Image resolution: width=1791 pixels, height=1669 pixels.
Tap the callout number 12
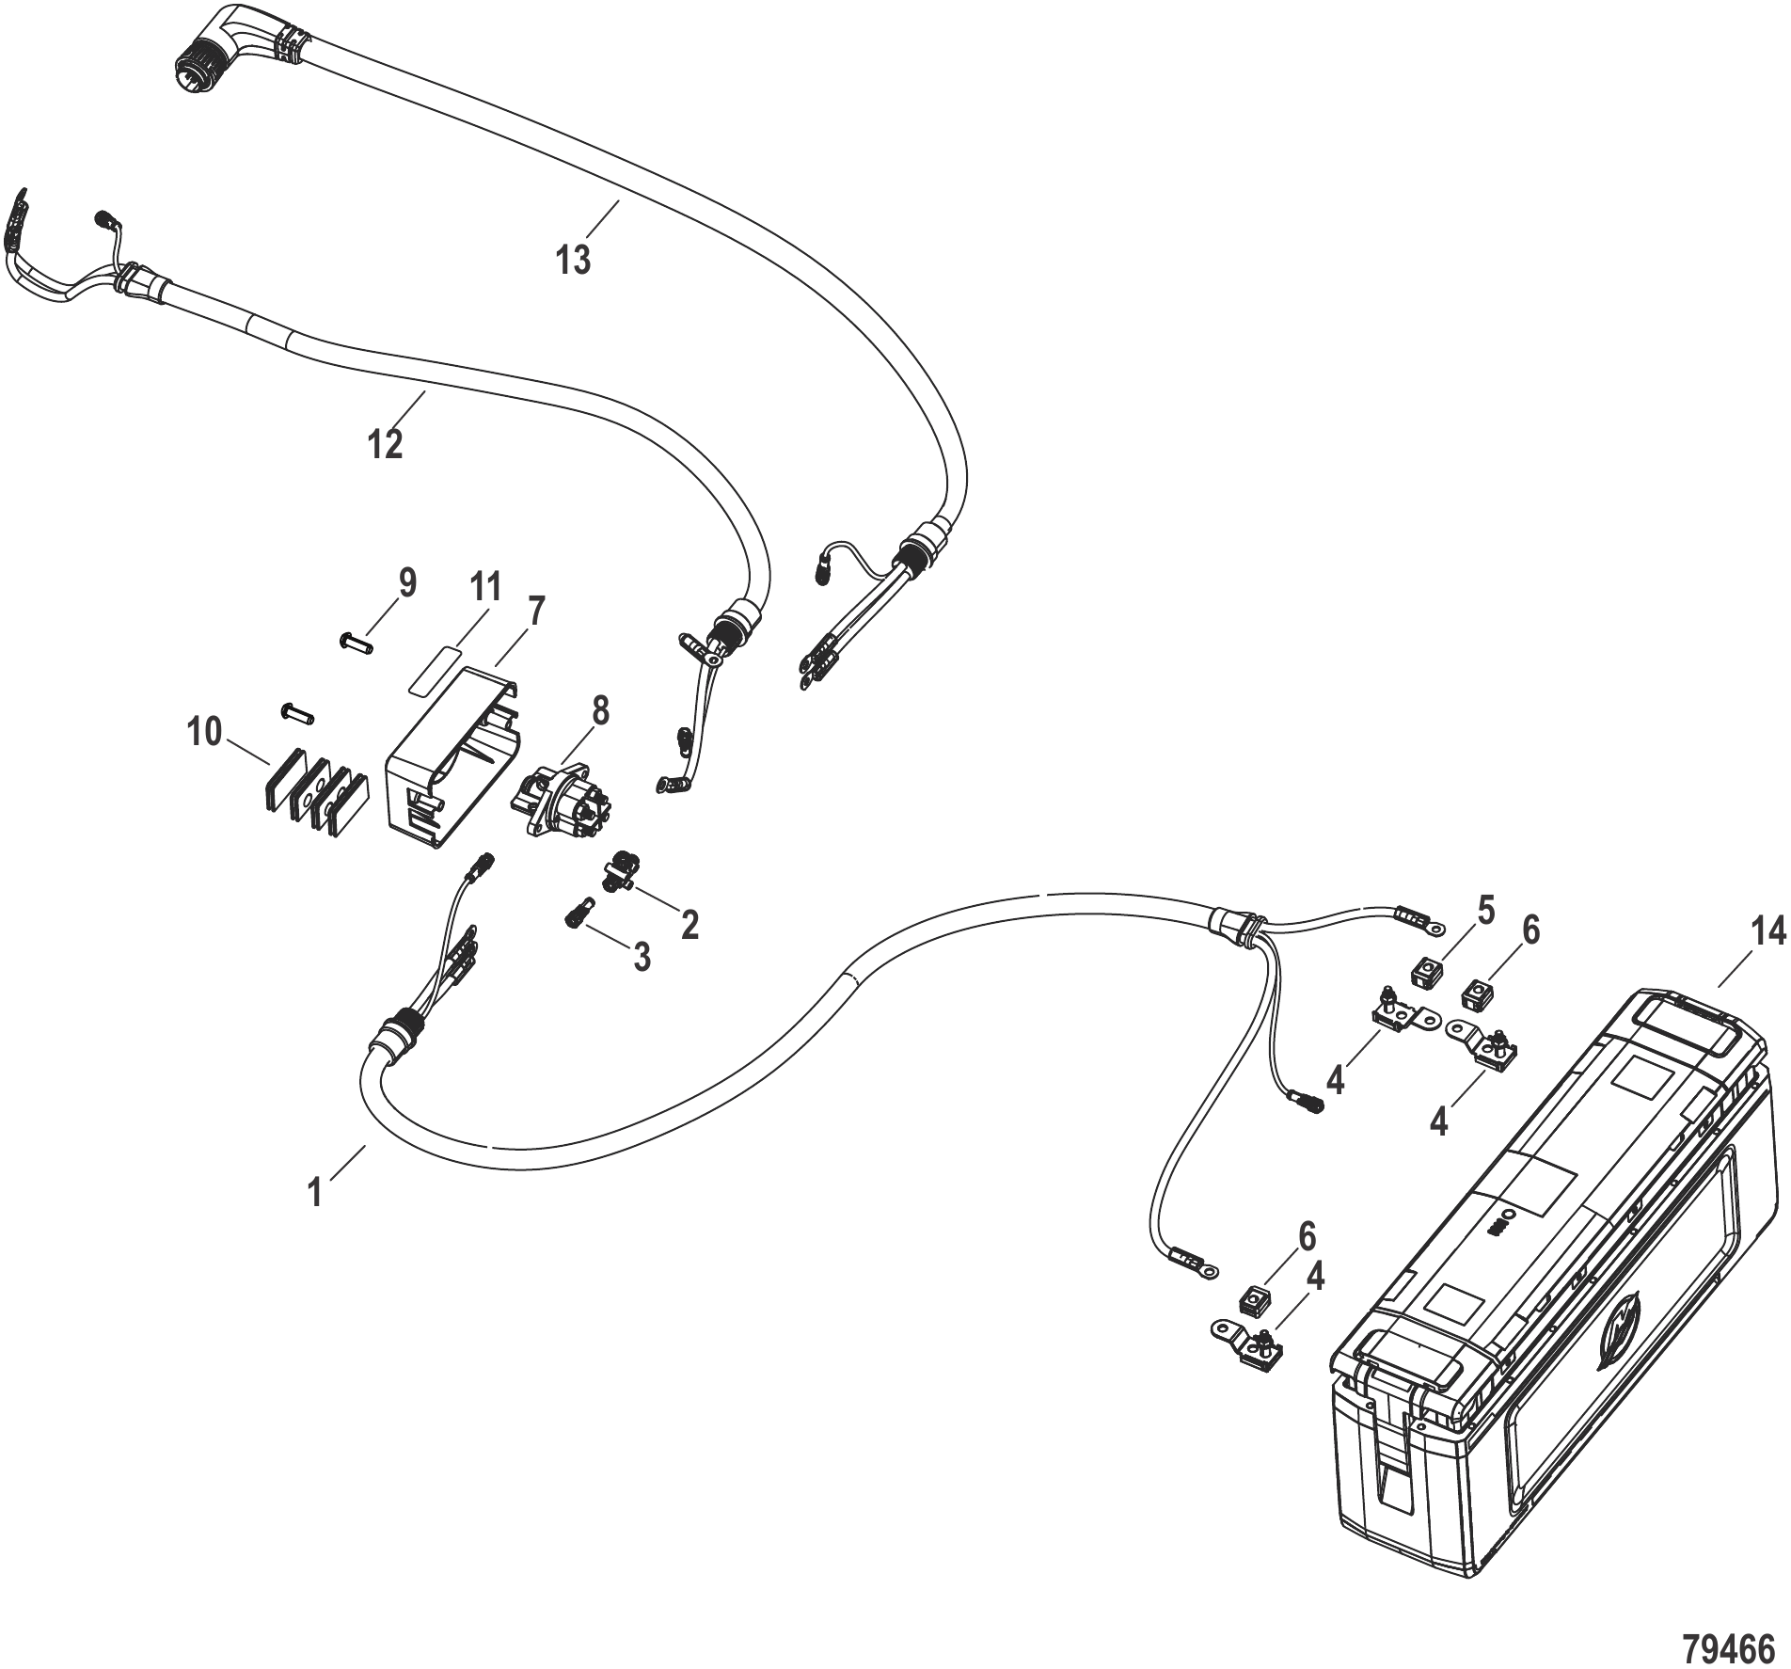pyautogui.click(x=386, y=443)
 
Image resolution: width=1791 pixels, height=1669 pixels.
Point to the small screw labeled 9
pyautogui.click(x=355, y=644)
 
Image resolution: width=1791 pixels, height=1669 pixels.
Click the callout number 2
pyautogui.click(x=689, y=925)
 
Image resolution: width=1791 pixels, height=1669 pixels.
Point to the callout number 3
pyautogui.click(x=642, y=958)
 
